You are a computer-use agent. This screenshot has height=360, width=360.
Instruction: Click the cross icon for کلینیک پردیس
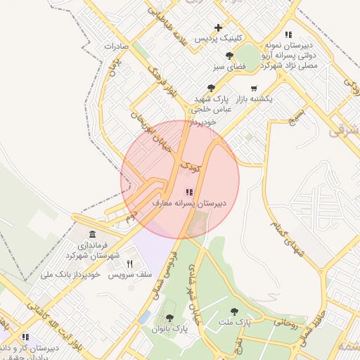coord(219,28)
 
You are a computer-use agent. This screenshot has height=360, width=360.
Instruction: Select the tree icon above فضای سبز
coord(229,56)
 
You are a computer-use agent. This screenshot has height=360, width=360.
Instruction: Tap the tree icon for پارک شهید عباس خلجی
coord(211,88)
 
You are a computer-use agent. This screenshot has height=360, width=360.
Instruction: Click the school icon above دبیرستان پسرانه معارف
coord(188,191)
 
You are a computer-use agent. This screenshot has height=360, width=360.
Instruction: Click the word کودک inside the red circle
coord(191,167)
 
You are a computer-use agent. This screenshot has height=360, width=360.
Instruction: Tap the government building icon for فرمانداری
coord(92,233)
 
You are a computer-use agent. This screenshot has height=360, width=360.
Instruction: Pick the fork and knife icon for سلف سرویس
coord(129,263)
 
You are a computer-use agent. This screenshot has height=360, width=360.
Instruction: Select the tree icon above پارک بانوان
coord(169,319)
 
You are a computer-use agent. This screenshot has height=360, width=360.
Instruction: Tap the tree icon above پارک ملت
coord(234,311)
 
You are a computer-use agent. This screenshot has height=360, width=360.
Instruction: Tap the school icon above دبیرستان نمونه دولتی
coord(288,34)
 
